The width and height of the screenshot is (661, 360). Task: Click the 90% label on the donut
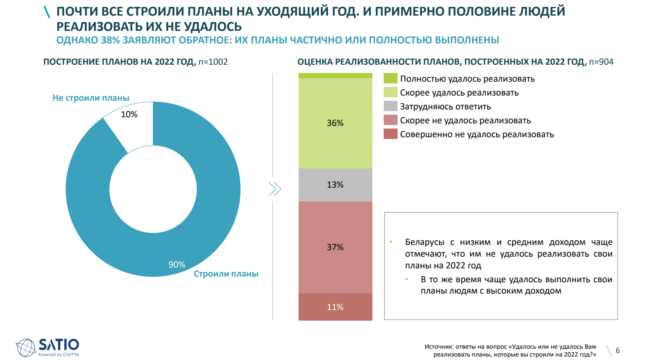pyautogui.click(x=177, y=264)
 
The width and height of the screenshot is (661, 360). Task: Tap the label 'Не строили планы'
pyautogui.click(x=91, y=98)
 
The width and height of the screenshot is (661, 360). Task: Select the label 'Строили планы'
pyautogui.click(x=226, y=274)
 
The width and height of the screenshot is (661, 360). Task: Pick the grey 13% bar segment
pyautogui.click(x=335, y=185)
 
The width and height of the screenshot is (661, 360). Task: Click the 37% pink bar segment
pyautogui.click(x=335, y=247)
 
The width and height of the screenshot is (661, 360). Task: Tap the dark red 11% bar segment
pyautogui.click(x=335, y=307)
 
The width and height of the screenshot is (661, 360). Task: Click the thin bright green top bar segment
pyautogui.click(x=335, y=76)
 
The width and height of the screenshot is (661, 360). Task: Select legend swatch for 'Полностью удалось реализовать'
pyautogui.click(x=391, y=79)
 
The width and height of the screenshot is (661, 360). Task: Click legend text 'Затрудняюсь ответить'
pyautogui.click(x=445, y=106)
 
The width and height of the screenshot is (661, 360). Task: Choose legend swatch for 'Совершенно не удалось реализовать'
pyautogui.click(x=391, y=134)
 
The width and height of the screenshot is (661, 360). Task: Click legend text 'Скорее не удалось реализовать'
pyautogui.click(x=465, y=120)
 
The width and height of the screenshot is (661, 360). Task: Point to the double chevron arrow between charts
pyautogui.click(x=275, y=189)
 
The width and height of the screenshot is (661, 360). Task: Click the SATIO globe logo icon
pyautogui.click(x=26, y=347)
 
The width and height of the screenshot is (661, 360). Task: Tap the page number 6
pyautogui.click(x=618, y=350)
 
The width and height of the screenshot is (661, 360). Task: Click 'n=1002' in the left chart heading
pyautogui.click(x=213, y=62)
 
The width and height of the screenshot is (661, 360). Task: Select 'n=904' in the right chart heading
pyautogui.click(x=601, y=62)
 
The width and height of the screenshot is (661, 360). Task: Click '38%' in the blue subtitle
pyautogui.click(x=110, y=40)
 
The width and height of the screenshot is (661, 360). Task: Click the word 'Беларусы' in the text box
pyautogui.click(x=424, y=242)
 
